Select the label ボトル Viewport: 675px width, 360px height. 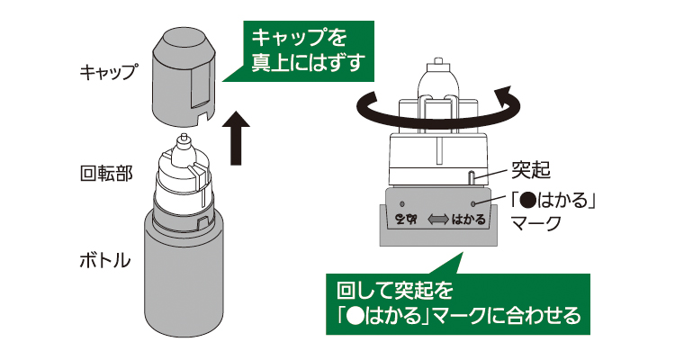click(103, 263)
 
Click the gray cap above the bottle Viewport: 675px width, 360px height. click(184, 76)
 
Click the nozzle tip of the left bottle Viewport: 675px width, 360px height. click(184, 140)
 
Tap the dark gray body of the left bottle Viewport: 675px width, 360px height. click(183, 279)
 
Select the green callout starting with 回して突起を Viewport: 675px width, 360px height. click(458, 303)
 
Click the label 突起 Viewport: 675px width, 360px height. click(531, 167)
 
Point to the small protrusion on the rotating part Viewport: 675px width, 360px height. click(472, 176)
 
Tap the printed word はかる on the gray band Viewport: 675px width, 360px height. click(468, 219)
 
